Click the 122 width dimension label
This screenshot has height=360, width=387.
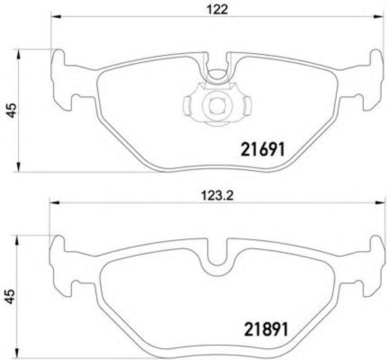pyautogui.click(x=217, y=10)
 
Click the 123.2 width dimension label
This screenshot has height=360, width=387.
pyautogui.click(x=217, y=196)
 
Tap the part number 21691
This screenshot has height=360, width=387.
pyautogui.click(x=262, y=149)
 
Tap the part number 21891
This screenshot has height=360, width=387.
pyautogui.click(x=266, y=329)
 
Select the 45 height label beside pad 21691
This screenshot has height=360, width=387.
pyautogui.click(x=11, y=110)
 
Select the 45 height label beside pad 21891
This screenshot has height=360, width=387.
pyautogui.click(x=10, y=296)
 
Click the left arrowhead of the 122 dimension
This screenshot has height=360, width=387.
pyautogui.click(x=56, y=16)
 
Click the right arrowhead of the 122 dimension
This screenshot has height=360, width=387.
pyautogui.click(x=378, y=16)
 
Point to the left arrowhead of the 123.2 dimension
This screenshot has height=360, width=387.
pyautogui.click(x=55, y=202)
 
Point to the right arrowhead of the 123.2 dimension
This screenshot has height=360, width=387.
pyautogui.click(x=378, y=202)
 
